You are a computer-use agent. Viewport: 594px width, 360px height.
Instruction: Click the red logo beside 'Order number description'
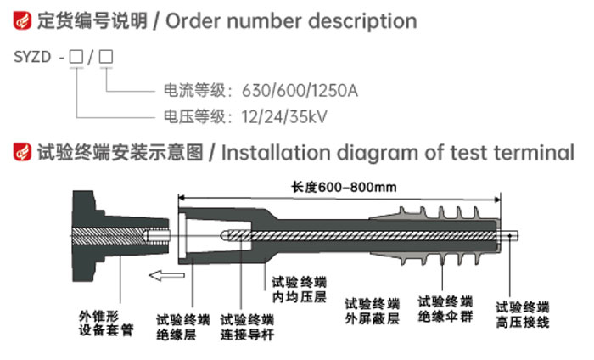[22, 20]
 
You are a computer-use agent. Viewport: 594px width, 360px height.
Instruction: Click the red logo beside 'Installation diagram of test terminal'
[22, 152]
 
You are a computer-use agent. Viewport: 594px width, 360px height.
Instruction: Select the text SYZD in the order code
[32, 57]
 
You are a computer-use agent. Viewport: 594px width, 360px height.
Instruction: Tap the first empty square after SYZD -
[76, 57]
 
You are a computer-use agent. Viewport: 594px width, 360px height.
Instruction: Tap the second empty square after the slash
[106, 57]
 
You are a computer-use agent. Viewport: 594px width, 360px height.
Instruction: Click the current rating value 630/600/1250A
[300, 91]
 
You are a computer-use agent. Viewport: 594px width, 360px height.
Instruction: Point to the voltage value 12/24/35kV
[284, 116]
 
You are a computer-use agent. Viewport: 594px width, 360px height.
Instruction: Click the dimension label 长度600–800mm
[344, 187]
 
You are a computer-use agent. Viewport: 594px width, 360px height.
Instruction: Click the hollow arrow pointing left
[166, 275]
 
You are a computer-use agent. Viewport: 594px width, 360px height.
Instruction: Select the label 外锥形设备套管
[106, 323]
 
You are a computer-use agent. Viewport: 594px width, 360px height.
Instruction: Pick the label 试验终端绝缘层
[183, 327]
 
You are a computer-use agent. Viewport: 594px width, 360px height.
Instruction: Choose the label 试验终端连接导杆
[247, 327]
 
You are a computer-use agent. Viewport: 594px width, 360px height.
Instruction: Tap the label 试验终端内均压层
[299, 290]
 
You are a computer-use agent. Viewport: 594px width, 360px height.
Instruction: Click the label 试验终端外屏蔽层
[372, 312]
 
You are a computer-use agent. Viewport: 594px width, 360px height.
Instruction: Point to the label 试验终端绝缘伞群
[445, 309]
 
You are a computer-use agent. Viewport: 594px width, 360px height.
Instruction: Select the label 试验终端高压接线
[523, 314]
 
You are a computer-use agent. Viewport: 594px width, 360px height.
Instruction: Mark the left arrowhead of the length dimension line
[181, 198]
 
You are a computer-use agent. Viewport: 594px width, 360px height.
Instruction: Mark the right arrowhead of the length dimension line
[498, 200]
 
